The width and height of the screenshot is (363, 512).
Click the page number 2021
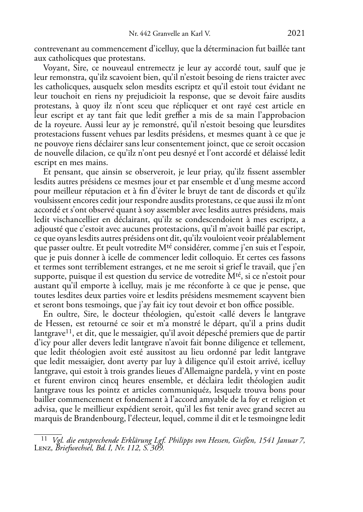(296, 34)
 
